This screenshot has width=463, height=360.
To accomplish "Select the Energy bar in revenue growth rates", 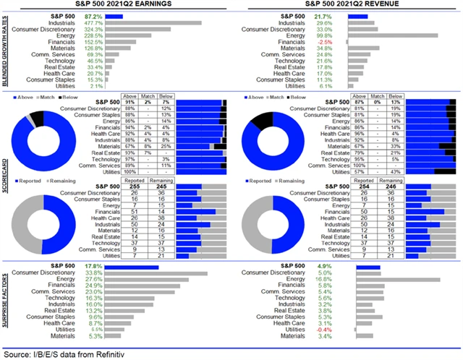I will (x=393, y=35).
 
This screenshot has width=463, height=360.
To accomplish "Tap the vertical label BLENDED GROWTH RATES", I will (x=6, y=50).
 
